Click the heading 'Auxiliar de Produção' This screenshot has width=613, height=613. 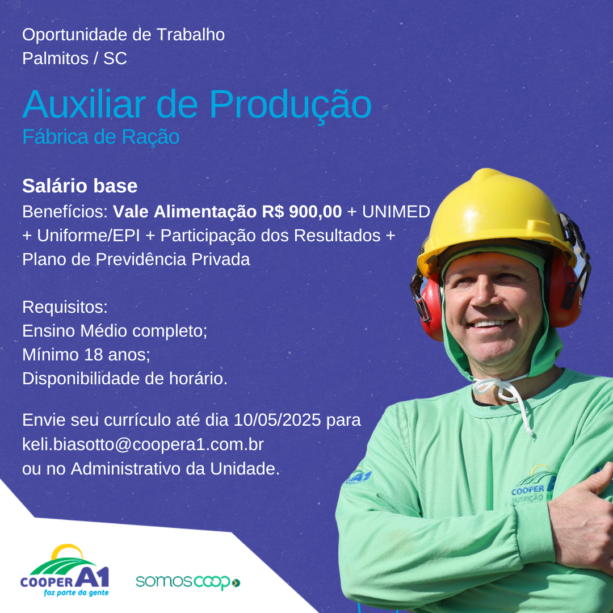tap(196, 104)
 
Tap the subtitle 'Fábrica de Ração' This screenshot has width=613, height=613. tap(101, 137)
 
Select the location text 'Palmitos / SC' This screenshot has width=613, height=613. tap(75, 58)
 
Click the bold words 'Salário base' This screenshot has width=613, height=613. tap(80, 186)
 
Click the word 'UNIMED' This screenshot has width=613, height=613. tap(396, 212)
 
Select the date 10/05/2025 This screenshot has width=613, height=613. tap(277, 420)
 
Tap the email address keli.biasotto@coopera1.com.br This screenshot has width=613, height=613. tap(143, 444)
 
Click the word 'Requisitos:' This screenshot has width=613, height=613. tap(65, 307)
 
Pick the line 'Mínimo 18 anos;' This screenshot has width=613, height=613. tap(86, 355)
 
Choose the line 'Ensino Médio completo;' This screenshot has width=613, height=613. tap(115, 331)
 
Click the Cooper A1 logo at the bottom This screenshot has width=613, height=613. tap(65, 570)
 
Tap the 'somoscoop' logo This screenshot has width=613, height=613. tap(188, 582)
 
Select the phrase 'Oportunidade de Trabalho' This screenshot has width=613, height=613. tap(124, 35)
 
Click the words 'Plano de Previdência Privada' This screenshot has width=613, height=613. tap(136, 259)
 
